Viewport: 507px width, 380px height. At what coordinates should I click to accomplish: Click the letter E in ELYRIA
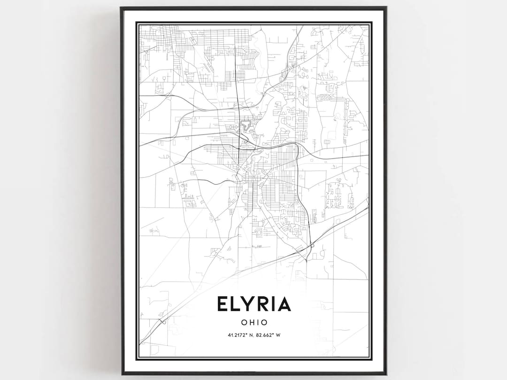tap(223, 304)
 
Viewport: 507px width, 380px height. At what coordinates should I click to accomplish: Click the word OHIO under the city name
tap(254, 323)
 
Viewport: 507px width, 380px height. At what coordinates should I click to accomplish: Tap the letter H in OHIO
tap(250, 323)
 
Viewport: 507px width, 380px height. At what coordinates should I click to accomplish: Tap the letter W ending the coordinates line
tap(279, 335)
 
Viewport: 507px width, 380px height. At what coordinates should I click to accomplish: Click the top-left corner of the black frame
tap(121, 8)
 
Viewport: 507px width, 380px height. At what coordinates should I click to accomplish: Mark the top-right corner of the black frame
tap(386, 8)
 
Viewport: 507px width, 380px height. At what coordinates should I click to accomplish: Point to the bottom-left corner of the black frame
tap(122, 374)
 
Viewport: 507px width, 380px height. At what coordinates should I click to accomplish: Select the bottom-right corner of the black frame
tap(386, 374)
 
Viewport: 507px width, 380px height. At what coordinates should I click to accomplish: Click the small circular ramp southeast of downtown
tap(312, 245)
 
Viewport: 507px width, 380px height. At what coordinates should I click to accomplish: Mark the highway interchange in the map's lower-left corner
tap(162, 321)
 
